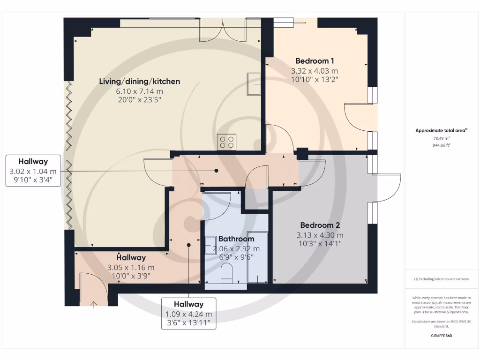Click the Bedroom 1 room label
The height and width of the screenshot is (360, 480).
point(315,61)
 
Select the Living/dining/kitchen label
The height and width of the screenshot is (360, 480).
point(139,82)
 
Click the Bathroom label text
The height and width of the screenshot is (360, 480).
point(236,239)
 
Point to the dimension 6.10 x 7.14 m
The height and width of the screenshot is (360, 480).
point(139,91)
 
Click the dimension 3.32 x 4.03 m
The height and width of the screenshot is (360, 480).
point(315,71)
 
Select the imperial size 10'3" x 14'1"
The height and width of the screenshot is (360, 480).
point(320,243)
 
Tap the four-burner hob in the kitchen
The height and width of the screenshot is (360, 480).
point(226,142)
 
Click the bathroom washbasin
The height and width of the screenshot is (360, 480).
point(210,245)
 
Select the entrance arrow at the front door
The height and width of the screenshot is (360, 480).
point(93,304)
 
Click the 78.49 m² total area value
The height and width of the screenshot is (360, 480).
point(441,138)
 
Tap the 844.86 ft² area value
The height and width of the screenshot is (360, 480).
point(441,145)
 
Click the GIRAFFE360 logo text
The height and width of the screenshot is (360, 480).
point(441,336)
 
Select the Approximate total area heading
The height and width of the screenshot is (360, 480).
point(441,131)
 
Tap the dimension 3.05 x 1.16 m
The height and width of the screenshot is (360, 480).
point(131,267)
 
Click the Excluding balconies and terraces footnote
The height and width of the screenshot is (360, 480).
point(441,279)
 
